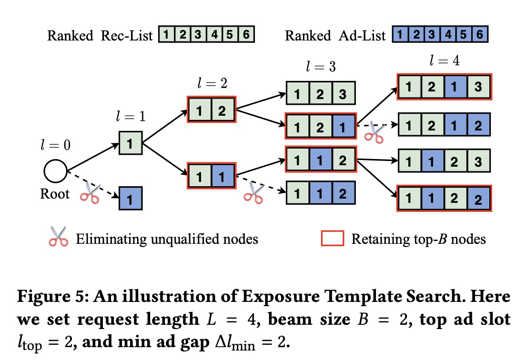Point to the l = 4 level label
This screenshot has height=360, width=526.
click(443, 61)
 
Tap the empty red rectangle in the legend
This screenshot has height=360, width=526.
click(333, 238)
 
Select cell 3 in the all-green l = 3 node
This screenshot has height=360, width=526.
click(343, 93)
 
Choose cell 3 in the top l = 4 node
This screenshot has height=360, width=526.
click(479, 86)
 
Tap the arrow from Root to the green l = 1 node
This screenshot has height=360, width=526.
click(93, 157)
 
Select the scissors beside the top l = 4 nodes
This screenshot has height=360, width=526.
click(374, 133)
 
